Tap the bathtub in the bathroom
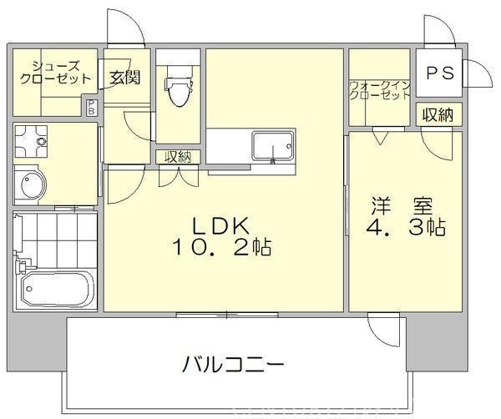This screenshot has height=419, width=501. tap(58, 290)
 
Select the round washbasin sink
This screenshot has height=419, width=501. tap(31, 185)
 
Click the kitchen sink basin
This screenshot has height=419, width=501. tap(272, 146)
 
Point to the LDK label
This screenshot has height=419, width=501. tap(220, 226)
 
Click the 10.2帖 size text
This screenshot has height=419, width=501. tap(222, 247)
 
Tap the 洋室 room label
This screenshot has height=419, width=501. tap(402, 206)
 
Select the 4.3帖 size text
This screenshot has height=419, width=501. tap(406, 227)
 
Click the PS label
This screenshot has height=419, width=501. tap(440, 73)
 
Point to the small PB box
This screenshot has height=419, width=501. tap(91, 107)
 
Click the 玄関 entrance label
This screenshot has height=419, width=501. tap(125, 77)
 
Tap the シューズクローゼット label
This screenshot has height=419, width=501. tap(56, 73)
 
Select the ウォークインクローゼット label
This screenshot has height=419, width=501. tap(380, 91)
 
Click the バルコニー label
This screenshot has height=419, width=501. tap(233, 365)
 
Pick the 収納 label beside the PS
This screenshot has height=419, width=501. tap(438, 114)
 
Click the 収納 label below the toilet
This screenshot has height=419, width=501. tap(178, 157)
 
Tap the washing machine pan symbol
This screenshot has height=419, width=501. tap(31, 141)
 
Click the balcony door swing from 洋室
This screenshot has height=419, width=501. tap(383, 329)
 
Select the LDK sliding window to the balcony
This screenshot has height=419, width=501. tap(227, 315)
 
